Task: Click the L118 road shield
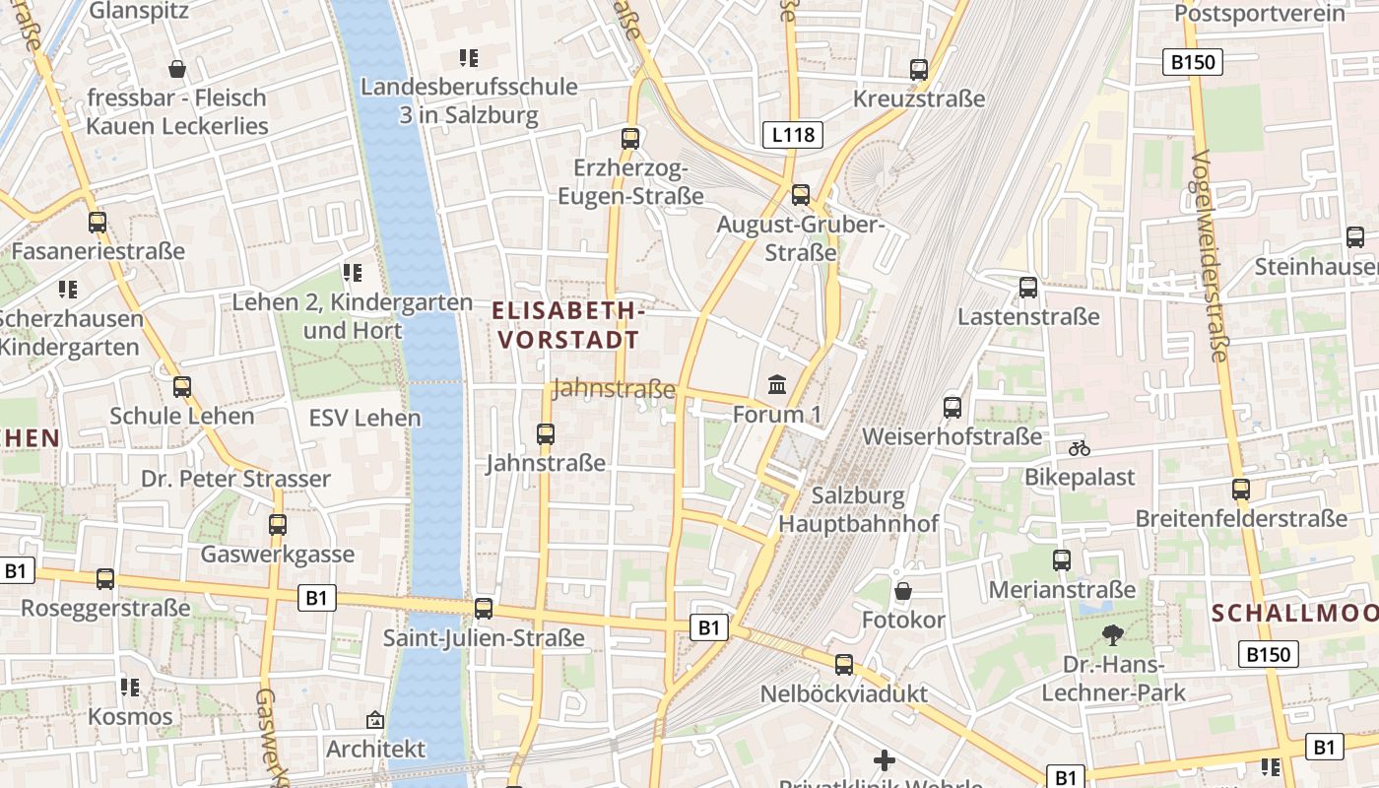tap(792, 134)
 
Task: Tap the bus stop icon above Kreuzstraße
tap(919, 69)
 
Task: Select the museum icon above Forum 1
tap(777, 384)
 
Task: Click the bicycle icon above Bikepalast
tap(1080, 448)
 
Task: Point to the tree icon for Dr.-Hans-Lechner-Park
tap(1113, 634)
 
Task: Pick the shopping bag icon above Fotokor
tap(902, 591)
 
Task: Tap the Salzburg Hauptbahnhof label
tap(858, 509)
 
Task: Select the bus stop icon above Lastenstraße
tap(1028, 288)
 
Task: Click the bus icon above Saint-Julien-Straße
tap(484, 609)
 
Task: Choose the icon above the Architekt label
tap(374, 720)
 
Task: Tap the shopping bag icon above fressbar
tap(177, 69)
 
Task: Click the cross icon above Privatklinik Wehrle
tap(885, 760)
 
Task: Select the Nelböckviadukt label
tap(843, 693)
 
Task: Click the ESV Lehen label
tap(364, 418)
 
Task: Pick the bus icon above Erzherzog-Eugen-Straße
tap(630, 139)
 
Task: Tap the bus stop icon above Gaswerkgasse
tap(278, 525)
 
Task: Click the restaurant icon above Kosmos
tap(129, 687)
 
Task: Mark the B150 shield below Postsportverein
tap(1192, 62)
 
